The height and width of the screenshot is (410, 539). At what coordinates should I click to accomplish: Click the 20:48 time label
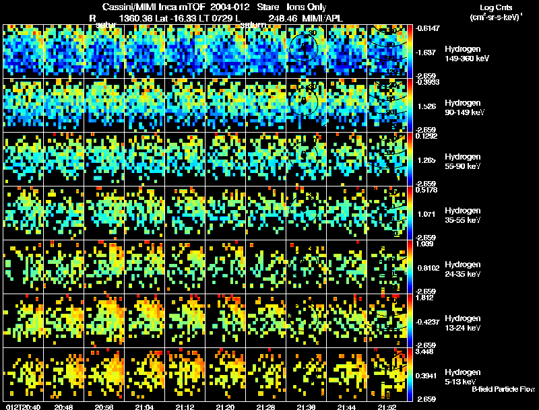pyautogui.click(x=64, y=407)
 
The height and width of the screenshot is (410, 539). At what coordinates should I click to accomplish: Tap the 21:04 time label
pyautogui.click(x=145, y=407)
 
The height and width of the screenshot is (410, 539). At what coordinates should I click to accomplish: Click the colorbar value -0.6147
pyautogui.click(x=429, y=28)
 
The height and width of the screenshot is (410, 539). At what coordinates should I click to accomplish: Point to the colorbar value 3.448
pyautogui.click(x=429, y=351)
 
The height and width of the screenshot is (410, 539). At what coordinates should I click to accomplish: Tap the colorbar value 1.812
pyautogui.click(x=429, y=298)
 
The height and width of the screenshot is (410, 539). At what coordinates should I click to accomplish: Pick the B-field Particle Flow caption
pyautogui.click(x=503, y=389)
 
